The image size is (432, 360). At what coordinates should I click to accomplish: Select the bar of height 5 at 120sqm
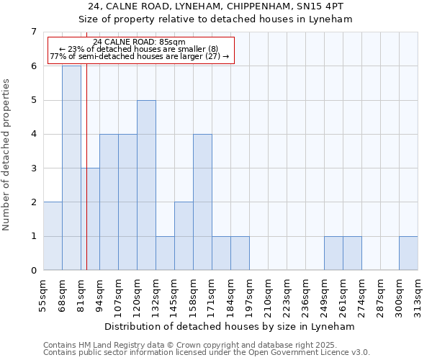click(x=146, y=185)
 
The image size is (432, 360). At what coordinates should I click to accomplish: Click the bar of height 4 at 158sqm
click(x=202, y=202)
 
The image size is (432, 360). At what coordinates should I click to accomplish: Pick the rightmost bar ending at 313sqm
click(x=408, y=253)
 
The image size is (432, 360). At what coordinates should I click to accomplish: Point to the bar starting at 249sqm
click(x=333, y=253)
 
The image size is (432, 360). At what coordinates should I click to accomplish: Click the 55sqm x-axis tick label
click(x=43, y=292)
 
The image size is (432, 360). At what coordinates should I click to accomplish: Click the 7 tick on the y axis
click(x=33, y=32)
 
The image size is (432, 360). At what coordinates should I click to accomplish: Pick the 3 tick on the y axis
click(x=33, y=168)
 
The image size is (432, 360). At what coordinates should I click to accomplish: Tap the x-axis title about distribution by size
click(x=230, y=326)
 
